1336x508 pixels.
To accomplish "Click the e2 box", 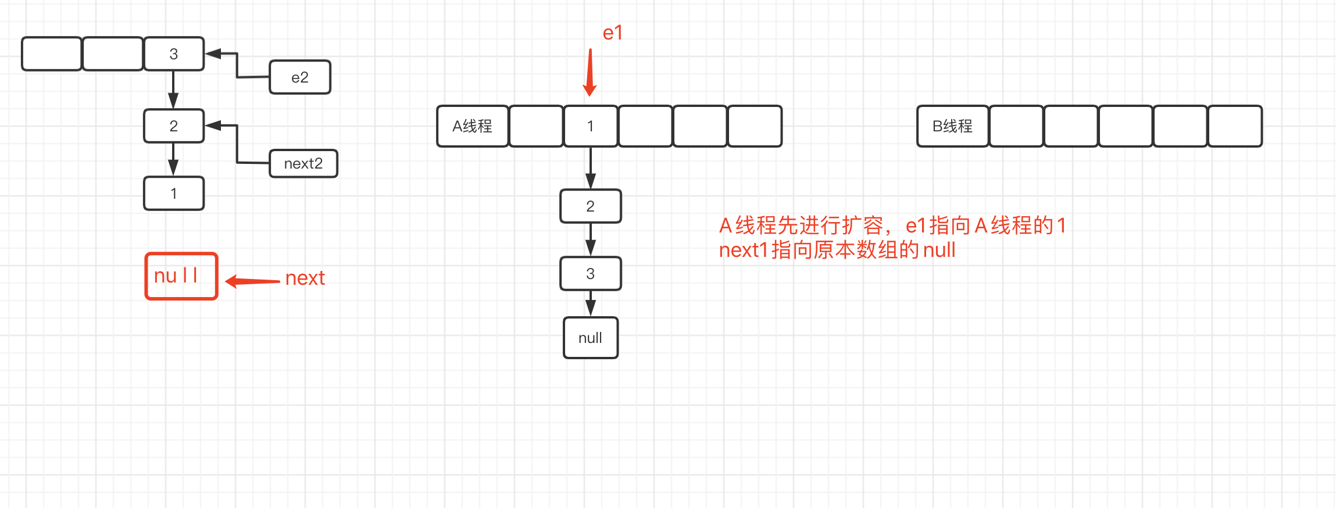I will pyautogui.click(x=300, y=77).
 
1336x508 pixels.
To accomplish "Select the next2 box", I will pyautogui.click(x=303, y=164).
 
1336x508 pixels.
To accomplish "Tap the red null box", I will pyautogui.click(x=181, y=276).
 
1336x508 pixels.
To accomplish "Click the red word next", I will pyautogui.click(x=305, y=278).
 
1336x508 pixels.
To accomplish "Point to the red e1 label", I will pyautogui.click(x=612, y=33).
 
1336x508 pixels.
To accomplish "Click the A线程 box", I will pyautogui.click(x=473, y=126).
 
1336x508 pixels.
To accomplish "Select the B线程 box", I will pyautogui.click(x=952, y=126).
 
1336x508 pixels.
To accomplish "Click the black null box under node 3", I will pyautogui.click(x=591, y=338).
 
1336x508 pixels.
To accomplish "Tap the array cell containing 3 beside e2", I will pyautogui.click(x=174, y=54).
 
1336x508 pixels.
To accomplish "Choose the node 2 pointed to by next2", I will pyautogui.click(x=174, y=126).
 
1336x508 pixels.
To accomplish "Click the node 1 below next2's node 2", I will pyautogui.click(x=174, y=194).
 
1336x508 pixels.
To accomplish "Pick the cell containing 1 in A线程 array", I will pyautogui.click(x=591, y=126).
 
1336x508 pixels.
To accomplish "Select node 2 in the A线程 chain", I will pyautogui.click(x=591, y=206).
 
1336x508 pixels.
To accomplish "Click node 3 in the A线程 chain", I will pyautogui.click(x=591, y=274).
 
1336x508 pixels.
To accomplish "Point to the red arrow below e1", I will pyautogui.click(x=590, y=73).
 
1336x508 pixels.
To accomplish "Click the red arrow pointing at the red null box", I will pyautogui.click(x=253, y=281).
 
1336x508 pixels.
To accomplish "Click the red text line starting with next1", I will pyautogui.click(x=837, y=251).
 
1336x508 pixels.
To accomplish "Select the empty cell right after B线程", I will pyautogui.click(x=1016, y=126).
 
